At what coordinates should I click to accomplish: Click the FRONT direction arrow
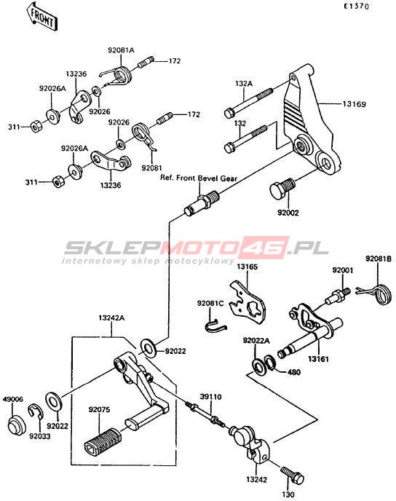point(41,16)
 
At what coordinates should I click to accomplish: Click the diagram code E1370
point(356,7)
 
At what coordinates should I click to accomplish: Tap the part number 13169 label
point(355,104)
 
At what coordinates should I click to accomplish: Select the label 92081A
point(121,50)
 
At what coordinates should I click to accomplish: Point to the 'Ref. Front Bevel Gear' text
point(198,178)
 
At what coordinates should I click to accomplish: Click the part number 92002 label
point(288,213)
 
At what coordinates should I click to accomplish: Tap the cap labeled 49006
point(16,425)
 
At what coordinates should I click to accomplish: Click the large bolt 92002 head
point(277,191)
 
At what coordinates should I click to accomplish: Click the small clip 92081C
point(215,326)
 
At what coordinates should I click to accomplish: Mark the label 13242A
point(111,318)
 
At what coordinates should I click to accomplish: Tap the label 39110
point(211,397)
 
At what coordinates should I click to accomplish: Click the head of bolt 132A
point(229,113)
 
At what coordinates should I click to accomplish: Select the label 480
point(294,372)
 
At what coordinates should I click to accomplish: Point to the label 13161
point(318,359)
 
